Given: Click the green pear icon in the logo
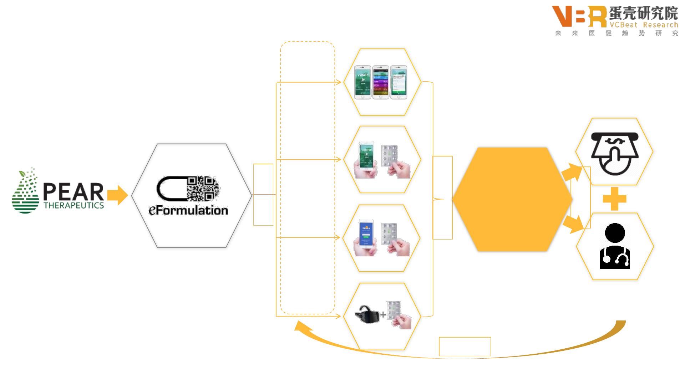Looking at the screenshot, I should (25, 191).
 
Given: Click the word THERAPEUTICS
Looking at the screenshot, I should (74, 206).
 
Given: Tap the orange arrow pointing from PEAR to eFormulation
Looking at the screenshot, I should (117, 195).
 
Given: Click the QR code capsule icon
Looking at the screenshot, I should (188, 188).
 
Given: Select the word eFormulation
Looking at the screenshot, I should (188, 210).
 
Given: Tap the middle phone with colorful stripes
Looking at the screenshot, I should (381, 82).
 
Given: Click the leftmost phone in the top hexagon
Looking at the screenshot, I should (362, 82).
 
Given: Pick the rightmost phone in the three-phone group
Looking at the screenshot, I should (399, 82).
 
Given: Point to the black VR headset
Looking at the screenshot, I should (367, 314).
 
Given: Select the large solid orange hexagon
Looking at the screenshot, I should (512, 199).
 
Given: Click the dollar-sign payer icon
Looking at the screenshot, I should (614, 153).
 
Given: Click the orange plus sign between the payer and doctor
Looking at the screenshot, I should (614, 199).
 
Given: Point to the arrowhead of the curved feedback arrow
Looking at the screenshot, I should (301, 326).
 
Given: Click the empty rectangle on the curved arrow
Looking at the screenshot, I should (465, 346).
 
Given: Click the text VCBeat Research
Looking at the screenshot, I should (644, 25).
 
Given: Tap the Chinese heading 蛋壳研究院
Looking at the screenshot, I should (643, 14).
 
